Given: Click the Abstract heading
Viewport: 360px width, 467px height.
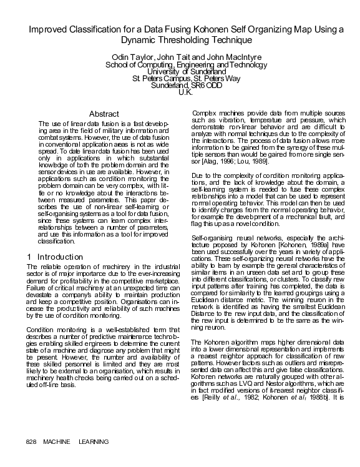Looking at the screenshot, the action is (104, 114).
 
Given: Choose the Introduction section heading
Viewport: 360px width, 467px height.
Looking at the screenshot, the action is (60, 257).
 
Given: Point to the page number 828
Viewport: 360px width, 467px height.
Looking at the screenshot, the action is (32, 441).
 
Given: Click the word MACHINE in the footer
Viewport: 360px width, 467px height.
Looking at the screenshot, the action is (57, 441).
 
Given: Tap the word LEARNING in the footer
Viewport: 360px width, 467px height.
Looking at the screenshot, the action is (94, 441).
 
